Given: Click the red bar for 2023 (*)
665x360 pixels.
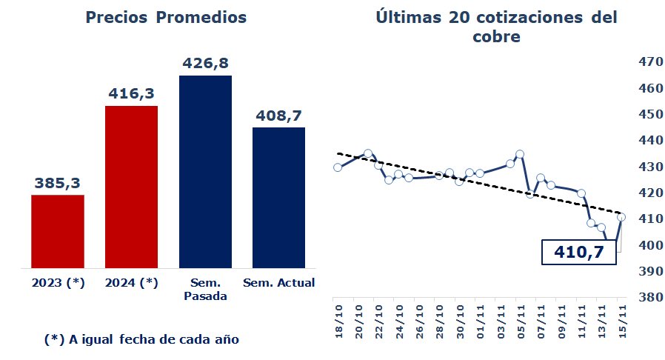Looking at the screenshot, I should (x=58, y=231).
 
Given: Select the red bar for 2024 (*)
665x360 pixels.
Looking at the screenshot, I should (x=131, y=187).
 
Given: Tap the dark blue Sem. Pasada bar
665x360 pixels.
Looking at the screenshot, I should (x=205, y=171).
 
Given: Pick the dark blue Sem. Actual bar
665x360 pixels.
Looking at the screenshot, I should (x=278, y=197).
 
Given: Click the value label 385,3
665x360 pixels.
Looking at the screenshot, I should (x=57, y=182).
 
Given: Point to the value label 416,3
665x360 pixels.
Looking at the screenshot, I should (x=131, y=93).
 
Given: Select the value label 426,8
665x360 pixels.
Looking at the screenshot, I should (x=205, y=63).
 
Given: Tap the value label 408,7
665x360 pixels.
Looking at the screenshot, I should (x=278, y=116).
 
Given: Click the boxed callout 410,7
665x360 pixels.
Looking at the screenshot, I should (x=579, y=253).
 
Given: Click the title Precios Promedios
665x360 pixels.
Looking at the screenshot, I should (x=166, y=17).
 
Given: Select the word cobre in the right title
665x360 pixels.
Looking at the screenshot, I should (x=496, y=36).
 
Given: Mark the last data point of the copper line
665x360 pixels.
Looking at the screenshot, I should (x=621, y=217).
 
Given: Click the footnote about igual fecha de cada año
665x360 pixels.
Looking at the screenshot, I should (x=142, y=339).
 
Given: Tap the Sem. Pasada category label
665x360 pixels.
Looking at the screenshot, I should (x=205, y=289).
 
